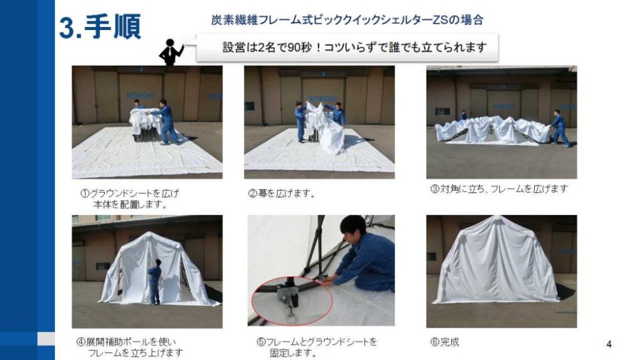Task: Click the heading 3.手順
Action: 100,27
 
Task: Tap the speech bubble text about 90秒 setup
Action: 354,47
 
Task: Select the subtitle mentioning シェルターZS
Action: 347,20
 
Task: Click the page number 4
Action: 609,344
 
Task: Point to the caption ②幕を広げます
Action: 282,193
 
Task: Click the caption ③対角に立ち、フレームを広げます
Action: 499,189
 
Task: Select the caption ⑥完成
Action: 445,342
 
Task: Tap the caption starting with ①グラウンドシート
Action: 130,199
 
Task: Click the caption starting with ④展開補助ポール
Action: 130,347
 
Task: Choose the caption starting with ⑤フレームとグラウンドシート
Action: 317,347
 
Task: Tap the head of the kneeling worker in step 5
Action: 353,228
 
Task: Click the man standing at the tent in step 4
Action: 155,281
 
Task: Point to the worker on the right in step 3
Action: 561,128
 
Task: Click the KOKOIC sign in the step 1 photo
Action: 140,95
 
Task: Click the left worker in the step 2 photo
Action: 301,121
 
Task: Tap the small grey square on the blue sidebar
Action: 46,338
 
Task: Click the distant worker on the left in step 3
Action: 463,115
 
